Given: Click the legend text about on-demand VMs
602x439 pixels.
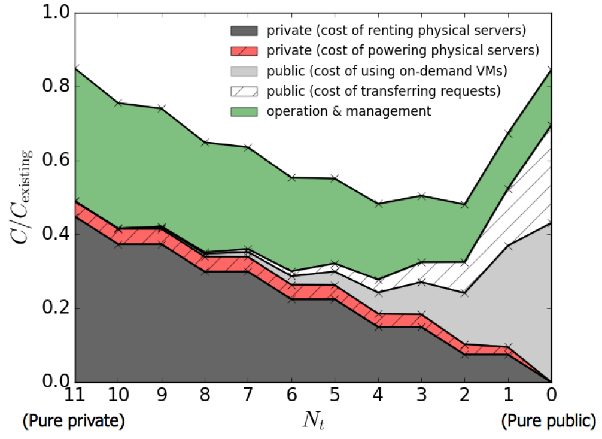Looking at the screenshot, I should [x=387, y=71].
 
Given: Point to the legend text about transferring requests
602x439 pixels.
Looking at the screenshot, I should [x=384, y=91].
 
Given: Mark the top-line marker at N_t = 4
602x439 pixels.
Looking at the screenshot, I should [x=378, y=204].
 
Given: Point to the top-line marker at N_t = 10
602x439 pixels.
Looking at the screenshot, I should [x=118, y=103].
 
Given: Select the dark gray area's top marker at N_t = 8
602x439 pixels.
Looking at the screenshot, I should [x=205, y=272].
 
